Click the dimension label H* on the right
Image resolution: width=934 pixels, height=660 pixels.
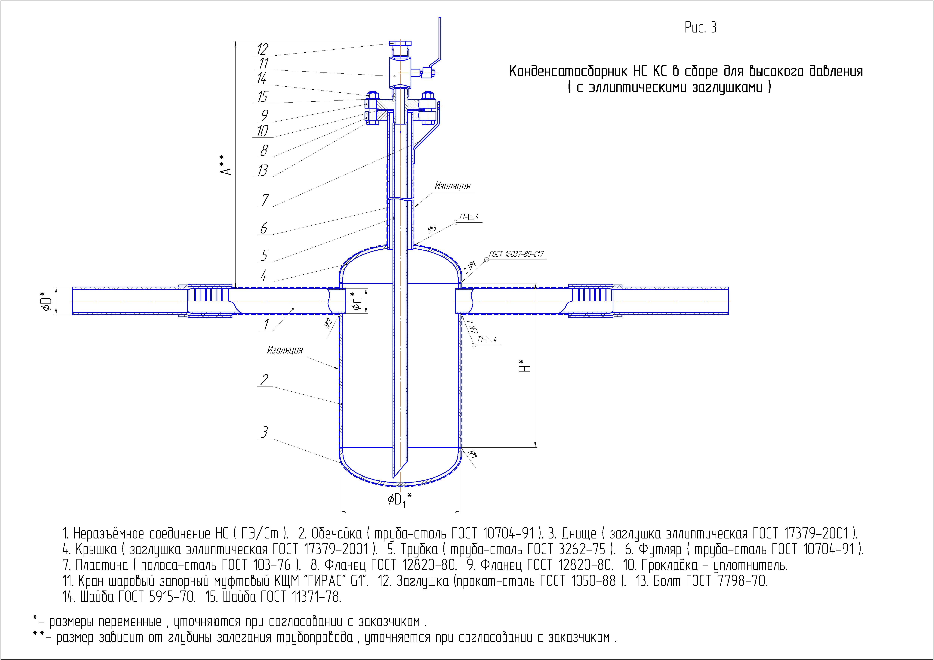tap(526, 365)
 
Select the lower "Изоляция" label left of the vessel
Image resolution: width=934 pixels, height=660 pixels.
tap(285, 350)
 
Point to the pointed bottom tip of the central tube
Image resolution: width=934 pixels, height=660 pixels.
tap(394, 478)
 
